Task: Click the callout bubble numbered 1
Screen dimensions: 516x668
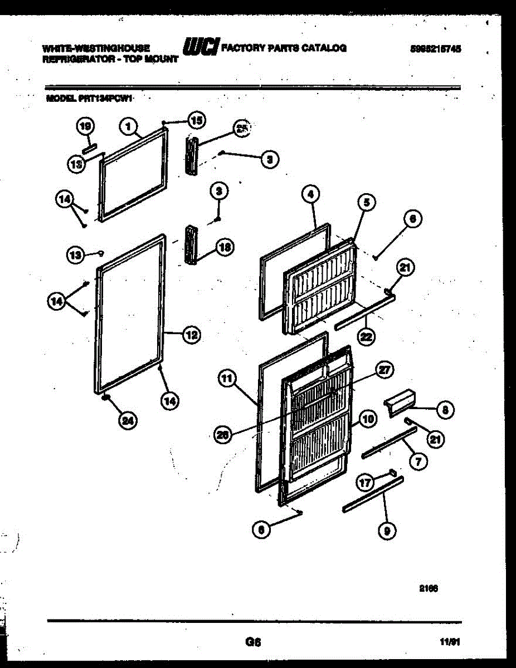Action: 128,127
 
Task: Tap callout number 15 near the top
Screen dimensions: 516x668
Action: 196,119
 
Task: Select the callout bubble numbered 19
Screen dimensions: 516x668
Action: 85,127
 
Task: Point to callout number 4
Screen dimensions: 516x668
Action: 310,195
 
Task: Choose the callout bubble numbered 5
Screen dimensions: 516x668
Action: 366,203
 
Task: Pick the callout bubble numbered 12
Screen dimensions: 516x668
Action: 191,335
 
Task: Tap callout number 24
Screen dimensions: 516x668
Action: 128,421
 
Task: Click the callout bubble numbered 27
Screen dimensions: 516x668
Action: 385,370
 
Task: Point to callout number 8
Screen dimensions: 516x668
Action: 444,411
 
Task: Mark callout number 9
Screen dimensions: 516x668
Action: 386,532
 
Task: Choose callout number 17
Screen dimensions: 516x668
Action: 365,483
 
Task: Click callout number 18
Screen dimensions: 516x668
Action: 224,249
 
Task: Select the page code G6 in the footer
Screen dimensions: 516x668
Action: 253,642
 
